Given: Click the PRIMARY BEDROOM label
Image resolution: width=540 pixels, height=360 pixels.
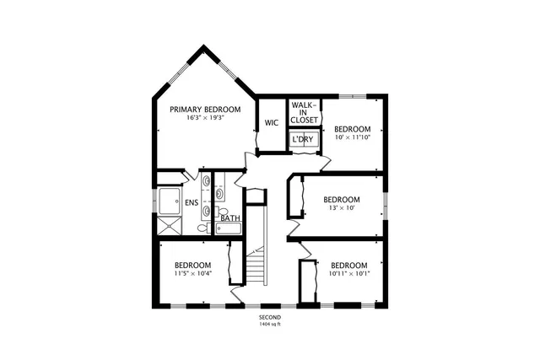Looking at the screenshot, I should coord(205,110).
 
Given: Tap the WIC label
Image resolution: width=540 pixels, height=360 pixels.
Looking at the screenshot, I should coord(272,123).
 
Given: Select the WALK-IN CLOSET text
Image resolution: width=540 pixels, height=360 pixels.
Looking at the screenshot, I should coord(304,113).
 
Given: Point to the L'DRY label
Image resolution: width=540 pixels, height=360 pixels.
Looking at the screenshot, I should coord(304,139).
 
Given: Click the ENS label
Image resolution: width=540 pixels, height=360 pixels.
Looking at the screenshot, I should coord(192,202).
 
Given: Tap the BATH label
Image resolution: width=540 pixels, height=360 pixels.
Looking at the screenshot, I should coord(230,218).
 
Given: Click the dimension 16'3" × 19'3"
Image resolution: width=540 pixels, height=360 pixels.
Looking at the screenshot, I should coord(205,120).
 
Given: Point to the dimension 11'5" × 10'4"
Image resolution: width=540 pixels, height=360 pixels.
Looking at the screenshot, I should coord(192,273).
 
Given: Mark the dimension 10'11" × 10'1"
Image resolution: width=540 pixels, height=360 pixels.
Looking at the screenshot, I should coord(348,273).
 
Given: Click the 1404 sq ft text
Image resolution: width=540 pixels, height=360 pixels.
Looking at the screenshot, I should coord(270,324).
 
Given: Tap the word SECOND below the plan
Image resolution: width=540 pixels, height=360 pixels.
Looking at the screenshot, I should coord(270,316).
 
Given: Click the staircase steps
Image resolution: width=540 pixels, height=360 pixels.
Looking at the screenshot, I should coord(256,268).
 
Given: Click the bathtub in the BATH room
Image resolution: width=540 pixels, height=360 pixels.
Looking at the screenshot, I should coord(229,228).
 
